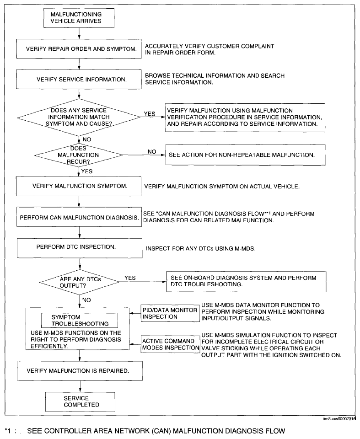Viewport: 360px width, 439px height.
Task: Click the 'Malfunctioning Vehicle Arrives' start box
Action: [x=79, y=18]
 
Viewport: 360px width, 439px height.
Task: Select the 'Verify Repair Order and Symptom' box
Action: [x=79, y=49]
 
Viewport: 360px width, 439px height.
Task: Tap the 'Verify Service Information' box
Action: [x=79, y=79]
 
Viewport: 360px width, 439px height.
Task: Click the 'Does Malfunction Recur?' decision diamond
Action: [x=79, y=155]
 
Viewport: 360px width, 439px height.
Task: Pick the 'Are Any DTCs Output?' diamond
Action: [x=80, y=282]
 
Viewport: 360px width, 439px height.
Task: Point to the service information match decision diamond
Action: [x=79, y=117]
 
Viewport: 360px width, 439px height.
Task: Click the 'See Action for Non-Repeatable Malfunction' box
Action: [x=245, y=155]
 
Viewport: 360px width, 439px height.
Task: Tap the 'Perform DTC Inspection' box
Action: [x=80, y=248]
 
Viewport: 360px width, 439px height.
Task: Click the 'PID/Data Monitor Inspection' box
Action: [x=170, y=313]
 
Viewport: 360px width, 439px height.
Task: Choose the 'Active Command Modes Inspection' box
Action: [x=170, y=344]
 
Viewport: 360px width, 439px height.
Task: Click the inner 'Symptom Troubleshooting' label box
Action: [x=80, y=320]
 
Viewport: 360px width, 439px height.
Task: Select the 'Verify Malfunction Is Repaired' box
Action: [x=80, y=371]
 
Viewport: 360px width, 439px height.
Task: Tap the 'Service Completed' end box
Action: [x=80, y=402]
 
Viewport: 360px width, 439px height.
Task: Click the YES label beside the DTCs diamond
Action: [x=130, y=278]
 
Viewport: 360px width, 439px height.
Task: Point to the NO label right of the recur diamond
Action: [x=152, y=151]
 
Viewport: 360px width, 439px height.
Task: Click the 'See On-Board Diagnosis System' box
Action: [x=246, y=282]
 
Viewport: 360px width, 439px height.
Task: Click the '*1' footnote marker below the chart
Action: [x=8, y=431]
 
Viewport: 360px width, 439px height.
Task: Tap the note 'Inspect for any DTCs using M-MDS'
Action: [x=200, y=248]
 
